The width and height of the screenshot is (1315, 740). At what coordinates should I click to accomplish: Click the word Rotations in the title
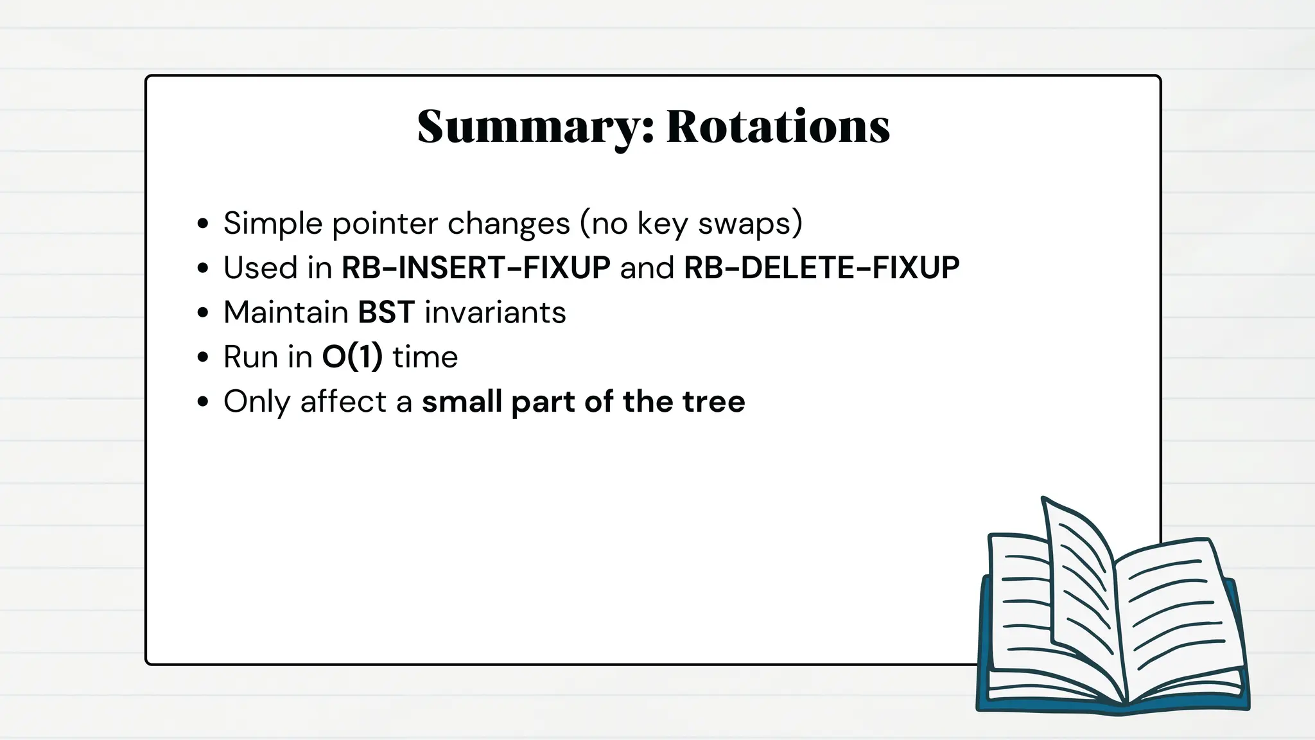[778, 127]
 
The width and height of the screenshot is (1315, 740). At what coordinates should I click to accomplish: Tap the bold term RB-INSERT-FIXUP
[476, 268]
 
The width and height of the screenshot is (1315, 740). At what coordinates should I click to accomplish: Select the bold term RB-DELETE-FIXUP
[821, 268]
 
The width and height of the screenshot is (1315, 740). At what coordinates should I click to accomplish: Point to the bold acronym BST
[386, 313]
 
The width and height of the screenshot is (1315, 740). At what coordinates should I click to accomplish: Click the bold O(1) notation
[352, 357]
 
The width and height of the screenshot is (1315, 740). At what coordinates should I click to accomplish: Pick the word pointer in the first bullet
[385, 224]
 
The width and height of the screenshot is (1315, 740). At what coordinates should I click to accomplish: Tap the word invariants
[495, 313]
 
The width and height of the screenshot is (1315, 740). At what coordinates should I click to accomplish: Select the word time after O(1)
[425, 357]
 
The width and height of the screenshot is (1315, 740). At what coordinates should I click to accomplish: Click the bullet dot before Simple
[204, 224]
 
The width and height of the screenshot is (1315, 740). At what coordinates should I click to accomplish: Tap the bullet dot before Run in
[204, 357]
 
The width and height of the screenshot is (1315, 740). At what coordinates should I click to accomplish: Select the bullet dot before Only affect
[204, 402]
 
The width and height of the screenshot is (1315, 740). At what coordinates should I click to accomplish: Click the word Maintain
[285, 313]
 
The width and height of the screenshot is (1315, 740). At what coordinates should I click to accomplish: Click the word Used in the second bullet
[260, 268]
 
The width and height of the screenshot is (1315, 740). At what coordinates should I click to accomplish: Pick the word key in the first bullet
[662, 224]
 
